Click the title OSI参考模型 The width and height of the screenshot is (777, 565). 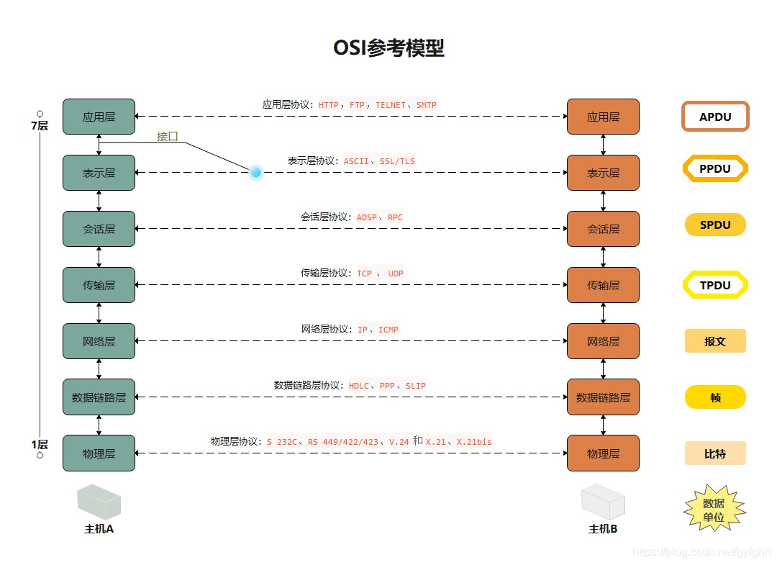[x=388, y=48]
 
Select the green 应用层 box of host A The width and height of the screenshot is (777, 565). [x=99, y=117]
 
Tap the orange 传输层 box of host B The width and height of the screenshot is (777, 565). [x=603, y=285]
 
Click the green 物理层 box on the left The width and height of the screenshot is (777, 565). [x=99, y=453]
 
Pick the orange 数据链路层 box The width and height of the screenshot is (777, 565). [x=603, y=397]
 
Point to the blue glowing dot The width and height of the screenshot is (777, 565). [x=255, y=172]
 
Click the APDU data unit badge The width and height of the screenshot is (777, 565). [x=715, y=117]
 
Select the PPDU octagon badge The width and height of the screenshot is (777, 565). [x=715, y=169]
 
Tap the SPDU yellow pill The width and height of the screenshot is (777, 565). [x=715, y=225]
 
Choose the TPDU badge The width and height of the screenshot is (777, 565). [x=715, y=285]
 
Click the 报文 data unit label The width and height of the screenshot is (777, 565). [x=715, y=341]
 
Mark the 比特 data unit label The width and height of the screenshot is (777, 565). [x=715, y=453]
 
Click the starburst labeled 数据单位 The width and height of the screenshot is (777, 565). [x=714, y=510]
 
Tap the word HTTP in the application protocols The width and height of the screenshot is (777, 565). [x=329, y=105]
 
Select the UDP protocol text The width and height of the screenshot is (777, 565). [x=396, y=274]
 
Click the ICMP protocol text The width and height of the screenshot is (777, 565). [x=388, y=330]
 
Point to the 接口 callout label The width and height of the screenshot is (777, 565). [x=168, y=136]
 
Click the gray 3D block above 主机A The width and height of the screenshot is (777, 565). [x=99, y=502]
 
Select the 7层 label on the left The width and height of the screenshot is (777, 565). [x=40, y=126]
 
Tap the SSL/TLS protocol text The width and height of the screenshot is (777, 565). [x=397, y=161]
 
